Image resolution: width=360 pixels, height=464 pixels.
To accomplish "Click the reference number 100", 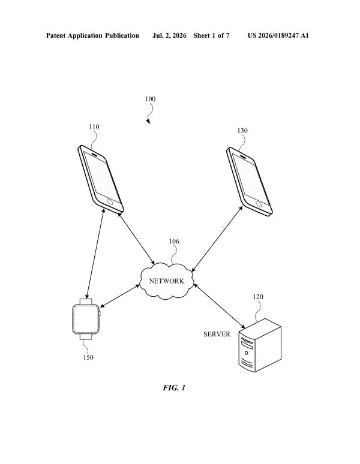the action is (150, 99).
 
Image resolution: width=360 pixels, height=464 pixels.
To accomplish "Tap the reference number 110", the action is (94, 126).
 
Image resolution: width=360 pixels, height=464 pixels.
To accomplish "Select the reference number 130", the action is (242, 131).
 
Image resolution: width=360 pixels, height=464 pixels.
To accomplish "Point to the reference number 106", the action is (174, 242).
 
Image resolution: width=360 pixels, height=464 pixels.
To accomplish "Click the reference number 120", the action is (258, 297).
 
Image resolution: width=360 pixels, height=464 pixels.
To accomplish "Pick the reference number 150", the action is (88, 357).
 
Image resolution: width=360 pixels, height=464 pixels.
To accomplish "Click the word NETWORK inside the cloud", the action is (167, 281).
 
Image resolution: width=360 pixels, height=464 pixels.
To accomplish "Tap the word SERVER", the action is (217, 334).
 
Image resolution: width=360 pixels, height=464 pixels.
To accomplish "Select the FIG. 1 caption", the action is (174, 388).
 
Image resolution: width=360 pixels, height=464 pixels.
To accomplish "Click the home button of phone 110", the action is (110, 202).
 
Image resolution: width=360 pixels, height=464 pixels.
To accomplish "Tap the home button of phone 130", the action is (259, 204).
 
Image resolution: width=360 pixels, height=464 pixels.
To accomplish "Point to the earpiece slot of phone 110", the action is (94, 153).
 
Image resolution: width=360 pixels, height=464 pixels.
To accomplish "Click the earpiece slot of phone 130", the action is (243, 156).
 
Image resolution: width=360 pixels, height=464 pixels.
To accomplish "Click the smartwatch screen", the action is (86, 319).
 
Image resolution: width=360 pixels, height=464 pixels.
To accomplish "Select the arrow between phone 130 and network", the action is (217, 239).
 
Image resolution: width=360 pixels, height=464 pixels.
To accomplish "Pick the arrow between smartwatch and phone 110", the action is (95, 254).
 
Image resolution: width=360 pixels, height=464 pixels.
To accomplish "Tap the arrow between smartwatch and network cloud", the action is (120, 296).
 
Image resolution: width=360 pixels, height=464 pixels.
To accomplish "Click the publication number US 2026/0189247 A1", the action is (278, 35).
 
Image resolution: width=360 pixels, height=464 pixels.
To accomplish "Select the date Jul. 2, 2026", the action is (169, 35).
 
